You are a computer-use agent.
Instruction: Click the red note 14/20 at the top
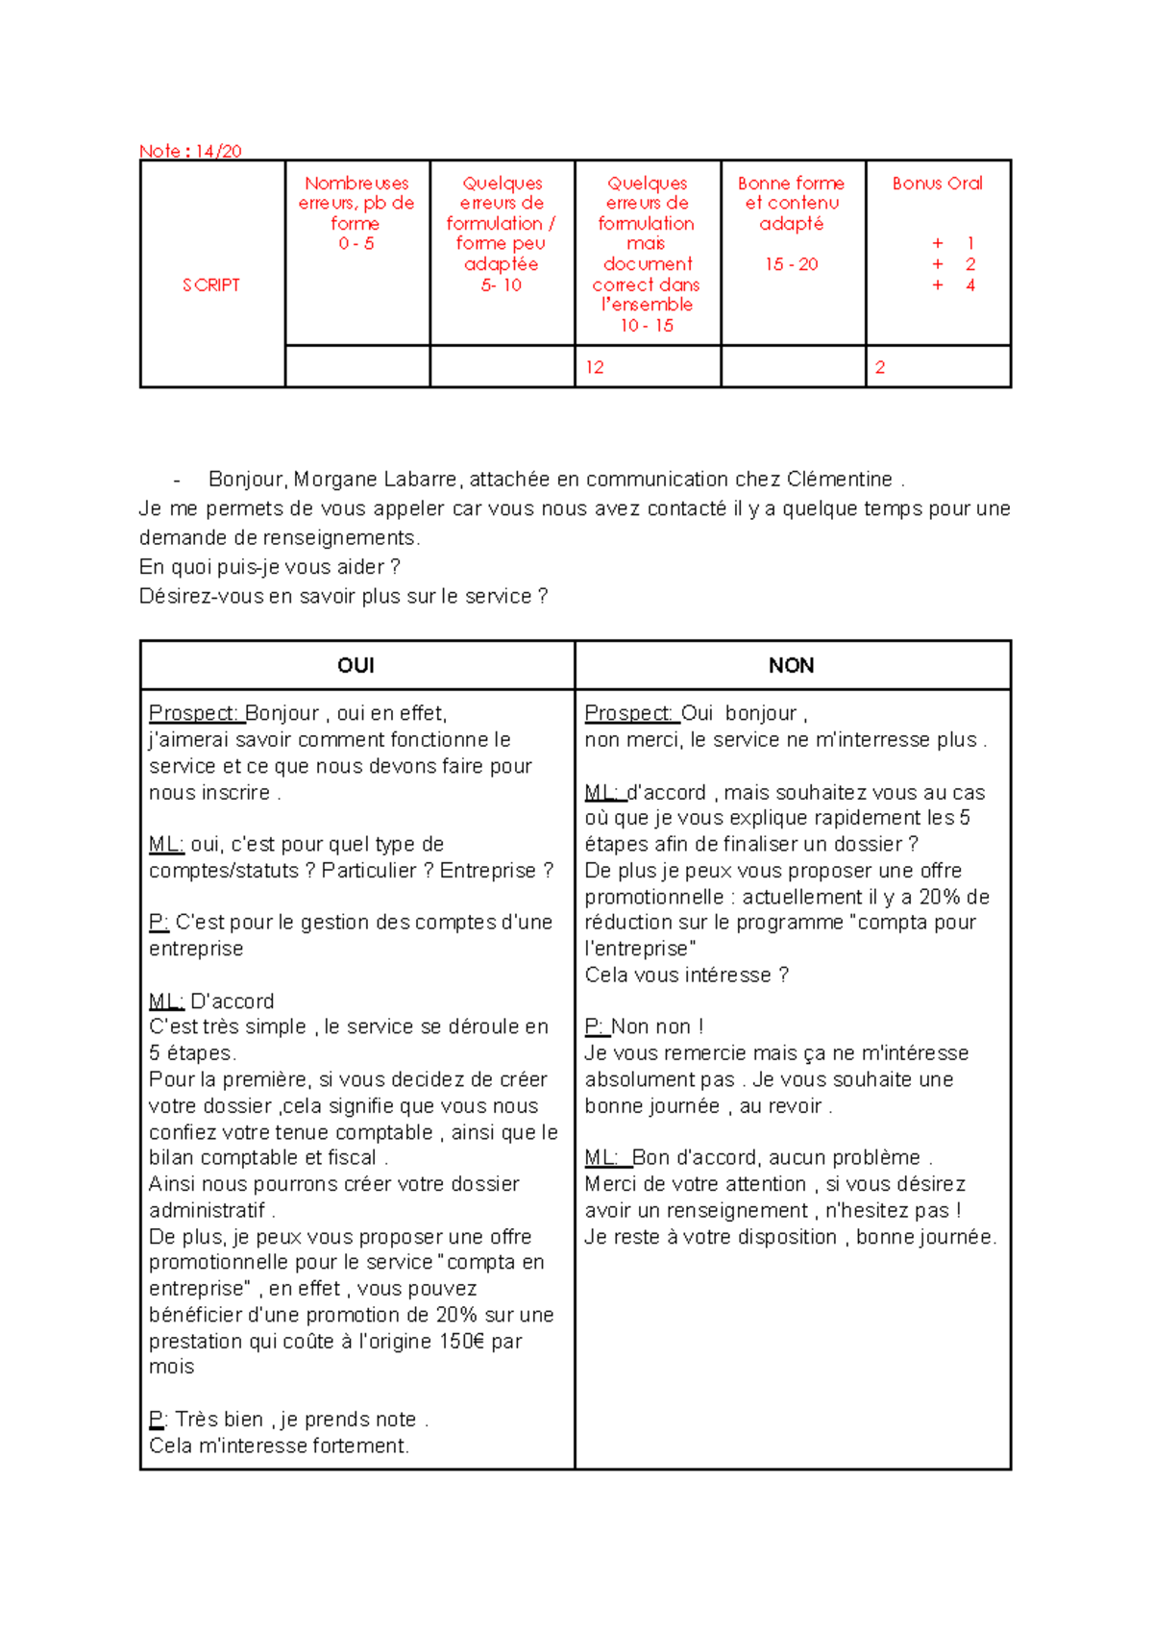click(x=190, y=151)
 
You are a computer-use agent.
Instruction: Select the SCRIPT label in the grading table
click(x=211, y=284)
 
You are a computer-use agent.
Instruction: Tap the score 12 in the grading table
click(x=595, y=367)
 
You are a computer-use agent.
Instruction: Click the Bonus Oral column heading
click(x=937, y=183)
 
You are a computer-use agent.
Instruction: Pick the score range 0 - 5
click(x=356, y=244)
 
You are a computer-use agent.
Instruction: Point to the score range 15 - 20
click(x=792, y=264)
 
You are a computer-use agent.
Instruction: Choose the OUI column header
click(x=356, y=665)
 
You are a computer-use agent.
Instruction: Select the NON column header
click(x=791, y=665)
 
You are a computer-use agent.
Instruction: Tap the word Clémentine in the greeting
click(x=840, y=479)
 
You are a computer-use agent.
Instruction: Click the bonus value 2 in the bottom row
click(x=880, y=367)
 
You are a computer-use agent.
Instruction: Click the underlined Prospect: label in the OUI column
click(x=193, y=713)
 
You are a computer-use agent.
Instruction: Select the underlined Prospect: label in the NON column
click(x=629, y=713)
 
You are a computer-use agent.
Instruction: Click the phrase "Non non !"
click(x=658, y=1027)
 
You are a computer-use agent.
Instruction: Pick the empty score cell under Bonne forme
click(x=793, y=367)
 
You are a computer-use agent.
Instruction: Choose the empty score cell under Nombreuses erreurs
click(x=356, y=367)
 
